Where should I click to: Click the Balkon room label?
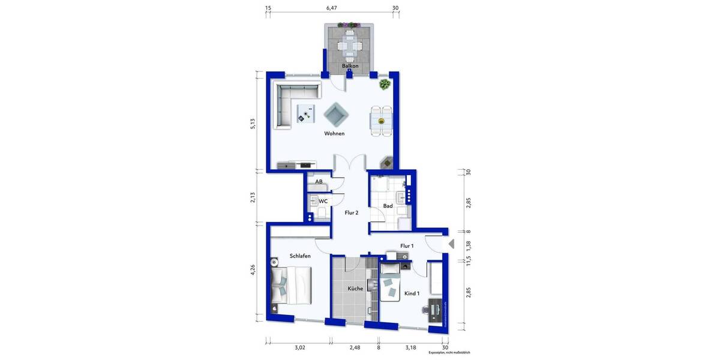[x=350, y=65]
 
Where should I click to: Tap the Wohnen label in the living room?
[x=334, y=133]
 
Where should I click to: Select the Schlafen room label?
[x=300, y=256]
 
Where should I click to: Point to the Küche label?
[x=355, y=289]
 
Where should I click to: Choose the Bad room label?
[x=388, y=206]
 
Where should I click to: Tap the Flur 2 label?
[x=352, y=212]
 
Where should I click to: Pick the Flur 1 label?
[x=407, y=245]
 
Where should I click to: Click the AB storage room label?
[x=319, y=181]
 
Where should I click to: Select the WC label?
[x=323, y=201]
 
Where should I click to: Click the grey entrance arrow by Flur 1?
[x=451, y=244]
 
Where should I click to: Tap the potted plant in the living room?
[x=383, y=85]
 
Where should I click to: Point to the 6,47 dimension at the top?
[x=331, y=8]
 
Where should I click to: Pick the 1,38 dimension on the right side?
[x=469, y=245]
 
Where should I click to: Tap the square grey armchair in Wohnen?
[x=335, y=112]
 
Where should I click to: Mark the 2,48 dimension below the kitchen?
[x=355, y=347]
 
